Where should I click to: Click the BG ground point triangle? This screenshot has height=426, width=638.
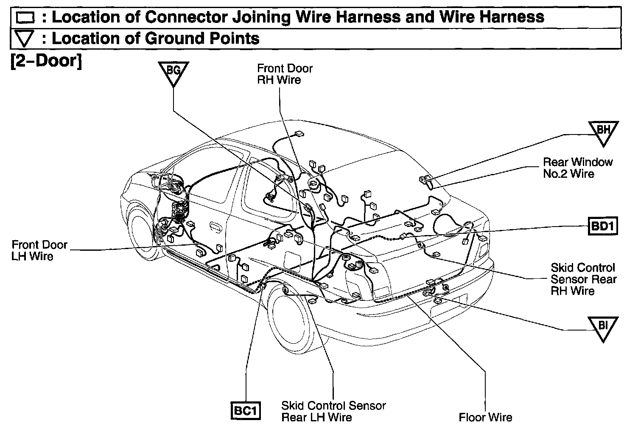pos(173,72)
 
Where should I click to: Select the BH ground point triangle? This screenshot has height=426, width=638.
pos(603,131)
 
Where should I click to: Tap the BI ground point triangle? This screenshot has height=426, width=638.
pos(603,327)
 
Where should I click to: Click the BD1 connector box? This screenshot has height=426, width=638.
pos(603,227)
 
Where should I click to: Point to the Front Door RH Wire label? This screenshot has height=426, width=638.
pos(284,74)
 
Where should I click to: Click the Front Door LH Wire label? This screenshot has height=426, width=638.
pos(39,250)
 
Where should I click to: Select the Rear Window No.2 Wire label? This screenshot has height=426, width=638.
pos(577,168)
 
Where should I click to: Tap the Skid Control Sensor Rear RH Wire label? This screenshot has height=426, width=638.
pos(583,279)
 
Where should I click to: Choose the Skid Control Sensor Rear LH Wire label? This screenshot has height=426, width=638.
pos(333,411)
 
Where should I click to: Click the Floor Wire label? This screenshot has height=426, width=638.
pos(485,418)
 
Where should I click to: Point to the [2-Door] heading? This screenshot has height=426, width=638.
pos(46,61)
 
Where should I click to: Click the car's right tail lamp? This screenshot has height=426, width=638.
pos(483,250)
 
